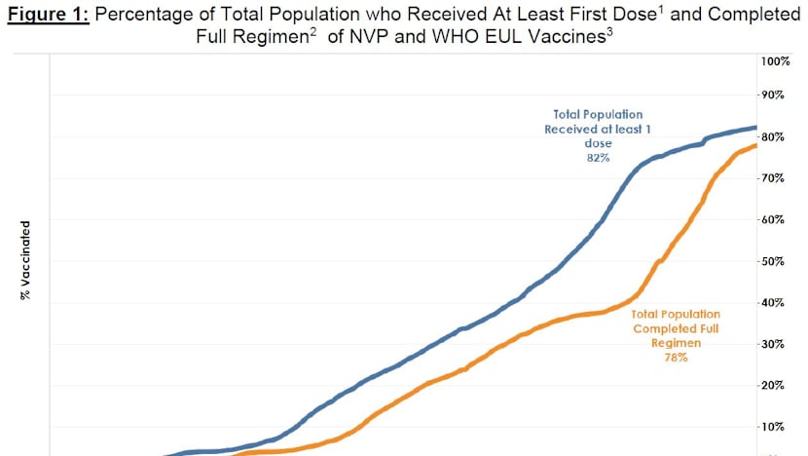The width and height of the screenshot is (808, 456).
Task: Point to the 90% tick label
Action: click(x=774, y=95)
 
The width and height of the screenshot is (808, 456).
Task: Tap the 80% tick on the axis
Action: click(x=774, y=136)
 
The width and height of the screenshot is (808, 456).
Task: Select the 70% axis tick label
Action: click(x=774, y=178)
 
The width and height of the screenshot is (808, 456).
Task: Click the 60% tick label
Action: click(x=774, y=219)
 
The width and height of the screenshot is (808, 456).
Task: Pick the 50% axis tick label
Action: click(x=774, y=261)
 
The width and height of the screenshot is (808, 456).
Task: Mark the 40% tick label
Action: click(x=774, y=303)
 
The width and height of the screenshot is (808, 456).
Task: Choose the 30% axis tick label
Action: click(x=774, y=344)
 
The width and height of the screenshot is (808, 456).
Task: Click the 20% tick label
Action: click(x=774, y=386)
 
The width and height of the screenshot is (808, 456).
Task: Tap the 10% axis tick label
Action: click(x=774, y=427)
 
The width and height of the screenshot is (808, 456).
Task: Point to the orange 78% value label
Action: click(x=676, y=358)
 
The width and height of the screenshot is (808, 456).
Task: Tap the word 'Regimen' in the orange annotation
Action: click(x=677, y=343)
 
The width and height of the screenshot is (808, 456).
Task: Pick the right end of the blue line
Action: click(x=756, y=128)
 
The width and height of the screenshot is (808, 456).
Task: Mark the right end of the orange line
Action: click(x=756, y=146)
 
